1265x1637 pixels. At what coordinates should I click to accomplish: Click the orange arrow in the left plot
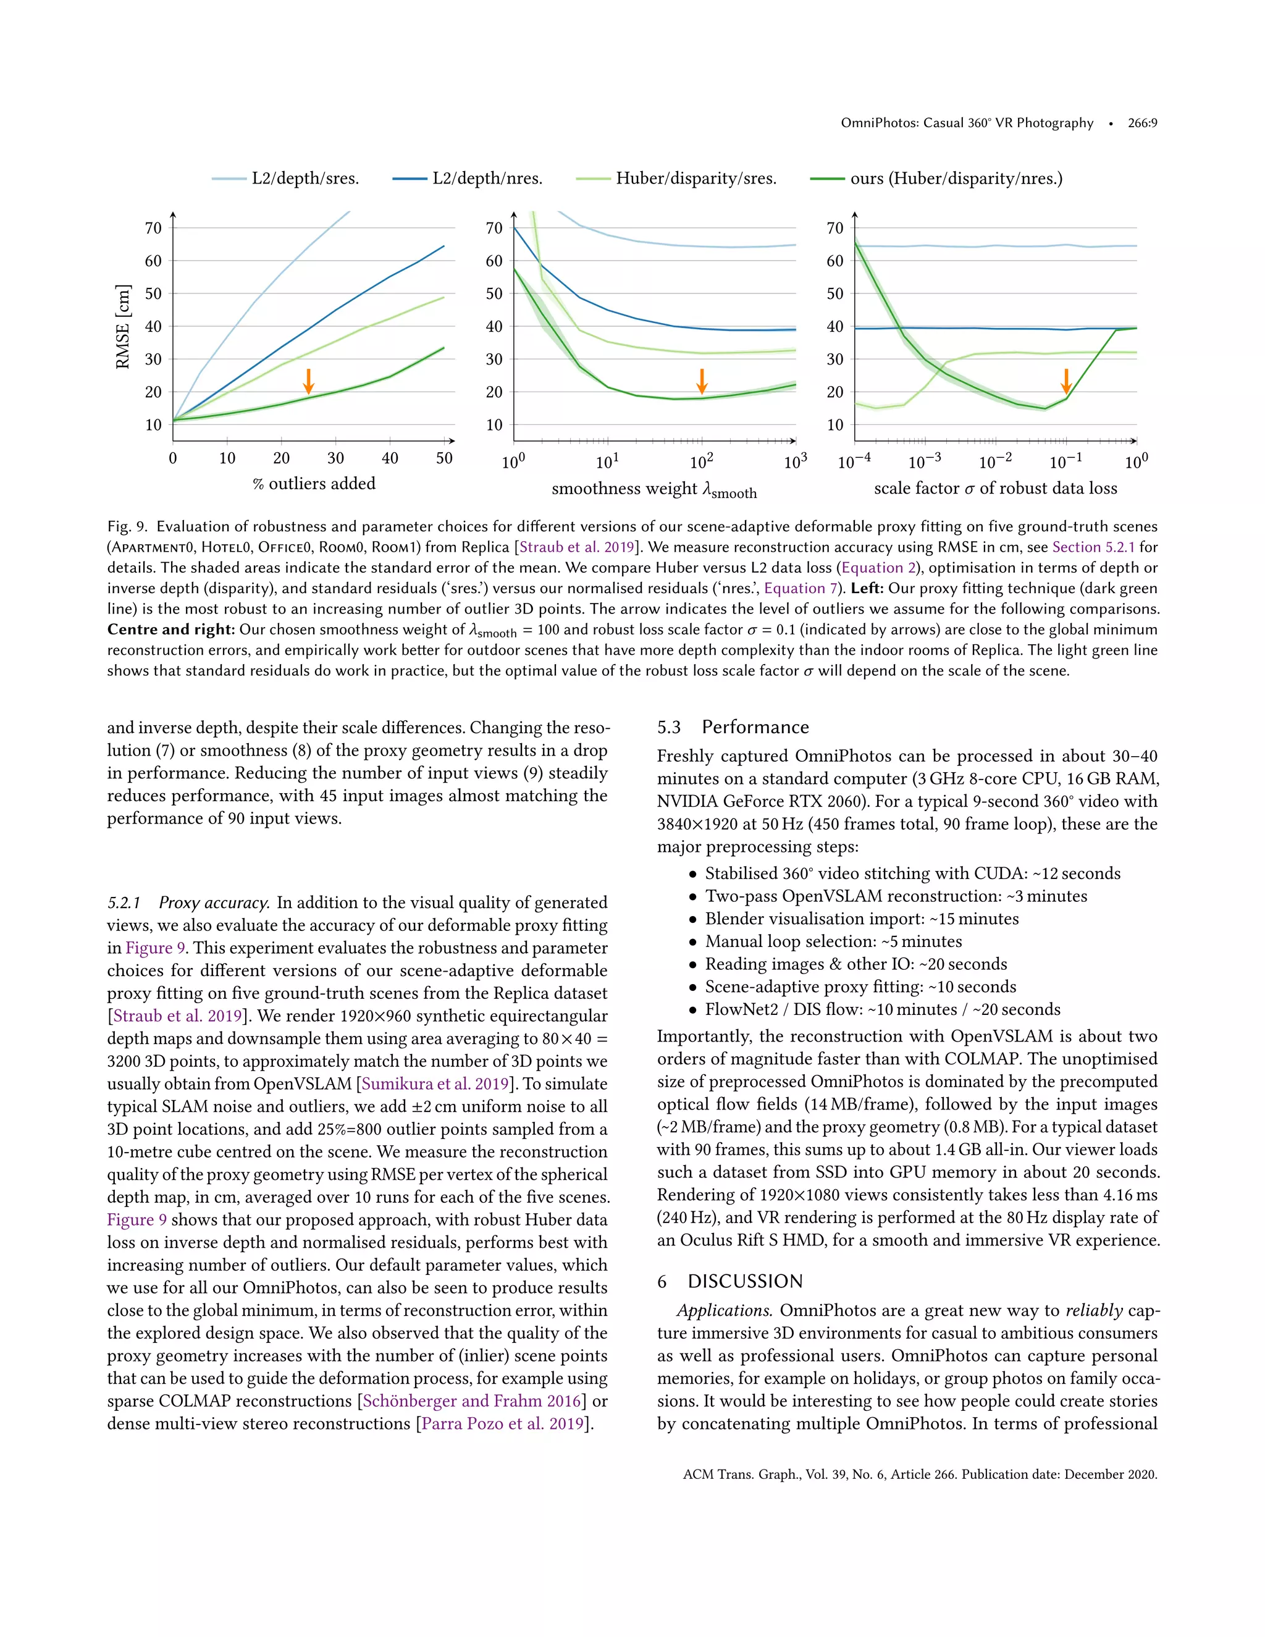point(308,381)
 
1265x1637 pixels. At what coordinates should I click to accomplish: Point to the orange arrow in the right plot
point(1065,381)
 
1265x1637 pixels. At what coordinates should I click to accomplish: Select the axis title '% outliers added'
point(314,484)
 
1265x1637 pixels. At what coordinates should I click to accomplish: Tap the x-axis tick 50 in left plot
point(444,458)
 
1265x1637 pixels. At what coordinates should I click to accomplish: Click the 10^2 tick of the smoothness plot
point(702,461)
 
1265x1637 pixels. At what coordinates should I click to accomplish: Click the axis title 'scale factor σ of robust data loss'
point(995,488)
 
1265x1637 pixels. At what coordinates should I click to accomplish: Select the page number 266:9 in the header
point(1142,123)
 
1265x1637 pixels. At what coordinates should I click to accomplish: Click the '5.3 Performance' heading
point(733,727)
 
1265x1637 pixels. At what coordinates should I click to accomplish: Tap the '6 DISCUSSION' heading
point(730,1281)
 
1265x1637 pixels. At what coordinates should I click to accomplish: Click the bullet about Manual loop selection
point(833,941)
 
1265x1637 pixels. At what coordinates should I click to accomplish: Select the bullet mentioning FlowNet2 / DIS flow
point(882,1009)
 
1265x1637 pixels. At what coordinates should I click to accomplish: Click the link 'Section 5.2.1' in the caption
point(1093,547)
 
